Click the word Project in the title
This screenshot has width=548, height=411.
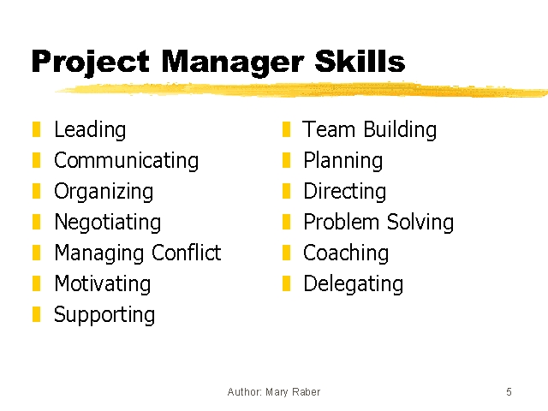pos(91,63)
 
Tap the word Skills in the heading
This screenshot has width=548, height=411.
pos(360,61)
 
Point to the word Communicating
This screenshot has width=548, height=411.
pos(127,161)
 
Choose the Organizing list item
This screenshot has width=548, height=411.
pos(104,192)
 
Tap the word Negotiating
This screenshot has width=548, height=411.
pos(108,223)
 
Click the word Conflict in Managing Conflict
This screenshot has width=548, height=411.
pos(187,253)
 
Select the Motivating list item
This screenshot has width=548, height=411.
pos(103,283)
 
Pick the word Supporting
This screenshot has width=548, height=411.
pos(104,315)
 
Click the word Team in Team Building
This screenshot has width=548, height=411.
pos(329,129)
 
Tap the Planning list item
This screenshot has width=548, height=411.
pos(343,161)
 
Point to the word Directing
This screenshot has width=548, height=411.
pos(344,192)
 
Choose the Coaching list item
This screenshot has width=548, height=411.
pos(346,253)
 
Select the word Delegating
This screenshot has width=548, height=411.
pos(354,283)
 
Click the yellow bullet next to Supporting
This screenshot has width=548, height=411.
pos(36,314)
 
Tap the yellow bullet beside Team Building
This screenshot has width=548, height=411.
pos(286,129)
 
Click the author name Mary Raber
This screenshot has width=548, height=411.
pos(293,392)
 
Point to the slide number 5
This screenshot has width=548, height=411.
pos(509,392)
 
